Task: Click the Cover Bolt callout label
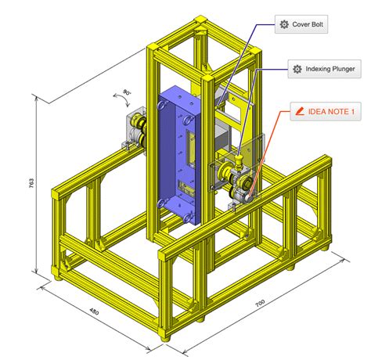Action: (x=301, y=24)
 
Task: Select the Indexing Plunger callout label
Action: (x=324, y=69)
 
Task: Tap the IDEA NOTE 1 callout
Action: (x=326, y=111)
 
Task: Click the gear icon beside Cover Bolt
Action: (x=284, y=24)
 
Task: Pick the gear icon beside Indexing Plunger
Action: (x=297, y=69)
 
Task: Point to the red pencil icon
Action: (x=300, y=111)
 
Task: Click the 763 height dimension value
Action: (x=31, y=183)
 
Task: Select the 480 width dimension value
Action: (x=94, y=311)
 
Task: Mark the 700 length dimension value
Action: (x=260, y=303)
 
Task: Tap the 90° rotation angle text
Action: (x=127, y=92)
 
